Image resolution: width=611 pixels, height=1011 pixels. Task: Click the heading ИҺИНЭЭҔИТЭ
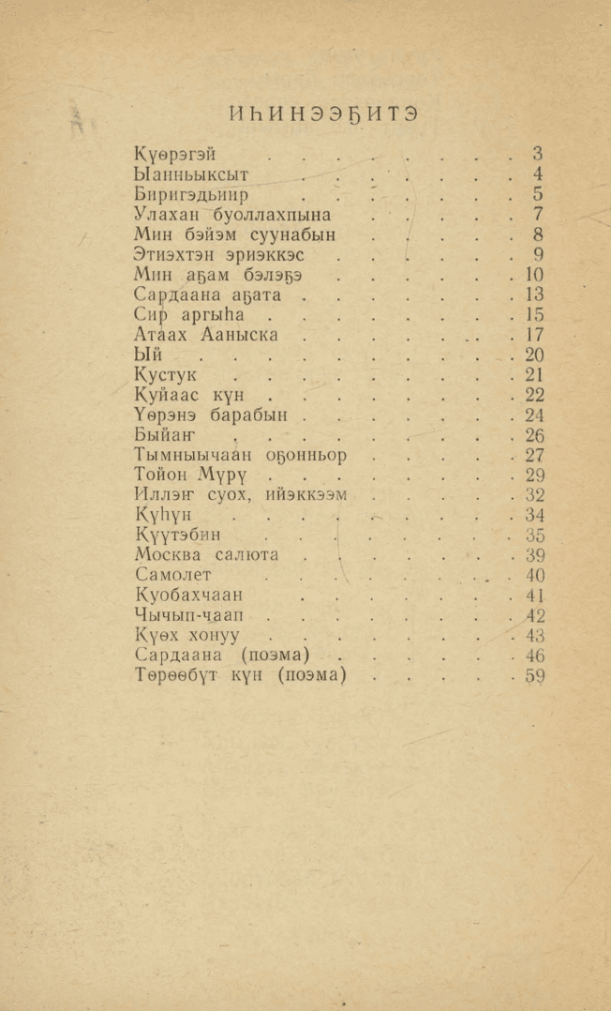coord(323,114)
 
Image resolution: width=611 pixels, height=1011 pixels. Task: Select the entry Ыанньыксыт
coord(191,174)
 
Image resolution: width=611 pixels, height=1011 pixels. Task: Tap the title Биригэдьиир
coord(191,195)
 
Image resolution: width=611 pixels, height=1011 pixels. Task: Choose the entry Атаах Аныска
coord(205,335)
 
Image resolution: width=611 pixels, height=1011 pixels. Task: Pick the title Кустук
coord(165,375)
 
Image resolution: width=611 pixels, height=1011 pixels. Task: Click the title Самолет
coord(173,575)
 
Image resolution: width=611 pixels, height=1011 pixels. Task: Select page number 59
coord(535,676)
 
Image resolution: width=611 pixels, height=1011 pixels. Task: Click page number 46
coord(535,656)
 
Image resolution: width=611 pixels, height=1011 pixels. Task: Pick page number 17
coord(535,335)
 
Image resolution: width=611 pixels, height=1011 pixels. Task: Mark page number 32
coord(535,495)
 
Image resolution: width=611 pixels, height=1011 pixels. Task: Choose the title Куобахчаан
coord(188,596)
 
